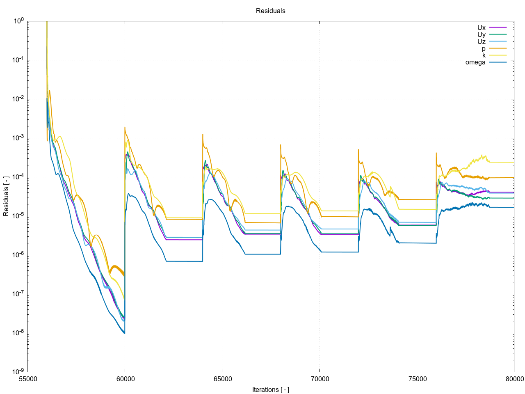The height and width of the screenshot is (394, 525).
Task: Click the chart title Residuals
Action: pos(270,11)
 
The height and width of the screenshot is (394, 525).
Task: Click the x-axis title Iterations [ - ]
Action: pos(270,389)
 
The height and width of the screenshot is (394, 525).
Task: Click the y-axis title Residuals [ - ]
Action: pos(6,197)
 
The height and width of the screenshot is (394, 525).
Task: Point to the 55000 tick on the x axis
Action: pos(27,379)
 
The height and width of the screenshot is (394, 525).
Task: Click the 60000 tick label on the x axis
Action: pos(125,379)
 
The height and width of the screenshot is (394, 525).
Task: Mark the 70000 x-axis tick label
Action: pos(320,379)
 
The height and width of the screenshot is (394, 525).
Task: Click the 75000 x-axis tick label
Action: pos(417,379)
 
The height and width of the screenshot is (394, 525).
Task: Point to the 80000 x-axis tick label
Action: pos(514,379)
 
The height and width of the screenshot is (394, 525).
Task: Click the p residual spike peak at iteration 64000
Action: pos(203,135)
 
